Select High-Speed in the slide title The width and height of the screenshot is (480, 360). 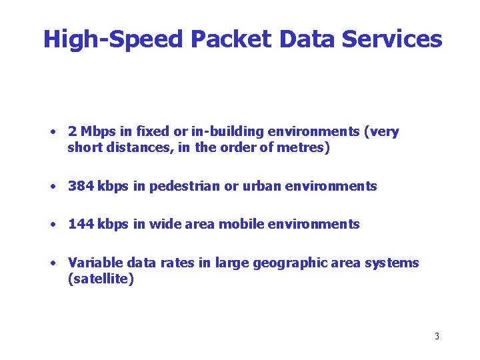[x=113, y=39]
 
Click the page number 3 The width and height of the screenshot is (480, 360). [x=437, y=336]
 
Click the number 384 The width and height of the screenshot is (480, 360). [x=81, y=186]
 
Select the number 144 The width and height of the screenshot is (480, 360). [x=81, y=224]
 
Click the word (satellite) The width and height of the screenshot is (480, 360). [x=101, y=279]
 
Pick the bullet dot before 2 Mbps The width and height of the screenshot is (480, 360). [x=51, y=132]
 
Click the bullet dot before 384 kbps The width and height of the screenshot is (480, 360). [x=51, y=187]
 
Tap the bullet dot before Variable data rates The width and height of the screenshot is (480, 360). [x=51, y=263]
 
